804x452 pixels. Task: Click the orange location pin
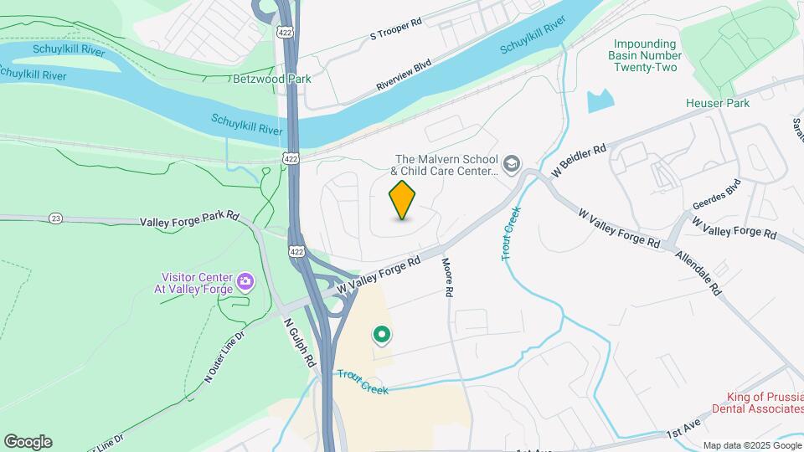click(403, 199)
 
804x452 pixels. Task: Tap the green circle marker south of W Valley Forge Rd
click(382, 336)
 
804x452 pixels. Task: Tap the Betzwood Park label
click(271, 79)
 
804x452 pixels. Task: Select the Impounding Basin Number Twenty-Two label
click(645, 55)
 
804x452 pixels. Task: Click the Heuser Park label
click(717, 103)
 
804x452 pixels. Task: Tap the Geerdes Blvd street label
click(717, 194)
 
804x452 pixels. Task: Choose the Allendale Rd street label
click(698, 273)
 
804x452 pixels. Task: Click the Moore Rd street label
click(448, 277)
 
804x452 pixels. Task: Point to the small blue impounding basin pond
click(600, 101)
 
